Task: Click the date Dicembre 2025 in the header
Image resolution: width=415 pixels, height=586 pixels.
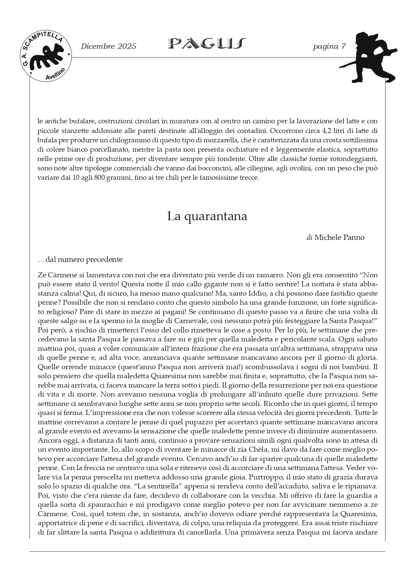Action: (108, 46)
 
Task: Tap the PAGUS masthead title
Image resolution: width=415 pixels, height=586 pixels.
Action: (207, 43)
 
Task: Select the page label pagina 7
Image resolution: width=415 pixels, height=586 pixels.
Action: (329, 46)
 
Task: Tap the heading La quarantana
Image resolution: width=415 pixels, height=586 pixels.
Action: (207, 216)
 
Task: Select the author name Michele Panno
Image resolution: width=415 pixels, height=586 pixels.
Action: (339, 237)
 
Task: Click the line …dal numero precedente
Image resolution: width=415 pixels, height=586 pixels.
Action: (80, 259)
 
